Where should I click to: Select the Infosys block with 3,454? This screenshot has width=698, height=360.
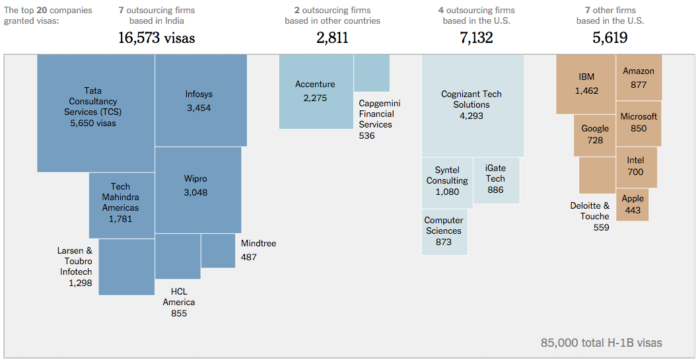pyautogui.click(x=201, y=100)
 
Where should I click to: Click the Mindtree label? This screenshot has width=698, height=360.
pyautogui.click(x=258, y=244)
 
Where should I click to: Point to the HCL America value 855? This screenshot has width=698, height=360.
pyautogui.click(x=179, y=313)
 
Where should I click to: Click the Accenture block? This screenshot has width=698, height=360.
pyautogui.click(x=316, y=92)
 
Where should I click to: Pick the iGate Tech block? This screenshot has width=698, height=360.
pyautogui.click(x=496, y=180)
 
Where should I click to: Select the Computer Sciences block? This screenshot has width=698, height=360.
pyautogui.click(x=444, y=232)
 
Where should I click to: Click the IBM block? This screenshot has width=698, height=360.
pyautogui.click(x=586, y=85)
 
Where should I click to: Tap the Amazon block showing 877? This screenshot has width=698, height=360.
pyautogui.click(x=639, y=77)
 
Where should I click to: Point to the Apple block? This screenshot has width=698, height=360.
pyautogui.click(x=633, y=205)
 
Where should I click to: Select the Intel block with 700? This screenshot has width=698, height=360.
pyautogui.click(x=635, y=166)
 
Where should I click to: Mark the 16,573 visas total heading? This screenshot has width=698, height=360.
pyautogui.click(x=157, y=38)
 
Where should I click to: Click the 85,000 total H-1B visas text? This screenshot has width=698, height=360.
pyautogui.click(x=601, y=343)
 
